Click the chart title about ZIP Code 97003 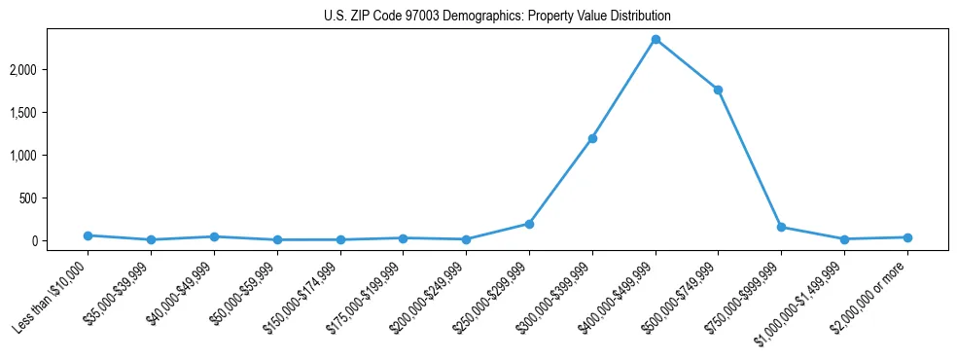click(497, 17)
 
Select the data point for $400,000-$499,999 click(656, 39)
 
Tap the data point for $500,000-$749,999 click(718, 90)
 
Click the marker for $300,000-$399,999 click(592, 138)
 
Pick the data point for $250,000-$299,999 click(529, 224)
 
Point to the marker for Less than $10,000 click(88, 235)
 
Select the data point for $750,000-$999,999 click(781, 227)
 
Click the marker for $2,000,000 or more click(907, 237)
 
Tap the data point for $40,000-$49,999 click(214, 236)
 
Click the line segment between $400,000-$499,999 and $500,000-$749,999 click(687, 64)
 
